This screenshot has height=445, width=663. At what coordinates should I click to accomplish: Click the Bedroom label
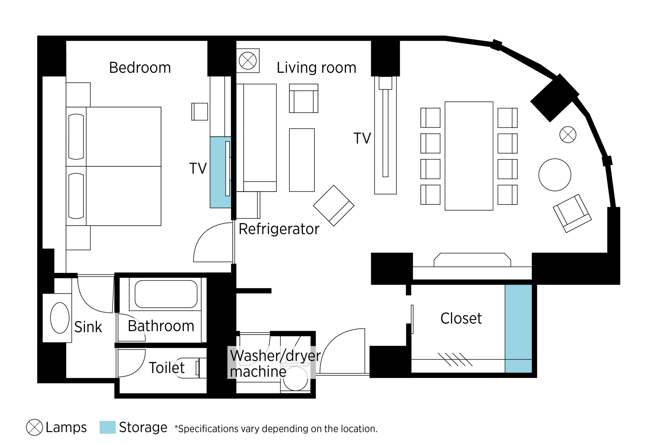click(140, 68)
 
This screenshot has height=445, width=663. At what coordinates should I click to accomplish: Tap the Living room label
click(316, 68)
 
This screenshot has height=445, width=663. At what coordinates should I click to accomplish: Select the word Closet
click(461, 318)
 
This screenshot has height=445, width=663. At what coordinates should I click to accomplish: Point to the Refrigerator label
click(279, 229)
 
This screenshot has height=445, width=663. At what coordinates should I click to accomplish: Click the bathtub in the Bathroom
click(166, 294)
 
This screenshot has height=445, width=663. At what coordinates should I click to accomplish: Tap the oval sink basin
click(60, 318)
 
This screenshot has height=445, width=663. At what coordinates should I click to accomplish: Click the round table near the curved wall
click(555, 175)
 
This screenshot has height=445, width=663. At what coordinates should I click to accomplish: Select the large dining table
click(469, 156)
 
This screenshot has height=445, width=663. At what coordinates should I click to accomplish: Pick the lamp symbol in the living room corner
click(248, 61)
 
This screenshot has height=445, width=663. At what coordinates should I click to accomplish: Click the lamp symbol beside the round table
click(568, 135)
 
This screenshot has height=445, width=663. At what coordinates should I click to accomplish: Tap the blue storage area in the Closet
click(518, 329)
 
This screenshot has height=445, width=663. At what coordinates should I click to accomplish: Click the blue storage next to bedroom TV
click(220, 172)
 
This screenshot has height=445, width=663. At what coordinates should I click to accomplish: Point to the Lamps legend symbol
click(34, 427)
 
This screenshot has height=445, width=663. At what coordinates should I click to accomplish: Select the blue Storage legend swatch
click(107, 427)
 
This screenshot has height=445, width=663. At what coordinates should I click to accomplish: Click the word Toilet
click(167, 368)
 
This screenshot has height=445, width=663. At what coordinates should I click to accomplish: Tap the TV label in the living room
click(362, 139)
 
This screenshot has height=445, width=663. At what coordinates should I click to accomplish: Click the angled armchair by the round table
click(572, 213)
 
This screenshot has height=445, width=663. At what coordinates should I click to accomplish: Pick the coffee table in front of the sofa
click(302, 160)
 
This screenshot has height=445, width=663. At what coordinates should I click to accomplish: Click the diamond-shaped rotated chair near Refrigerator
click(333, 206)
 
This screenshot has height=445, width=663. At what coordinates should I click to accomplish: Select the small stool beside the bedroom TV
click(200, 111)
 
